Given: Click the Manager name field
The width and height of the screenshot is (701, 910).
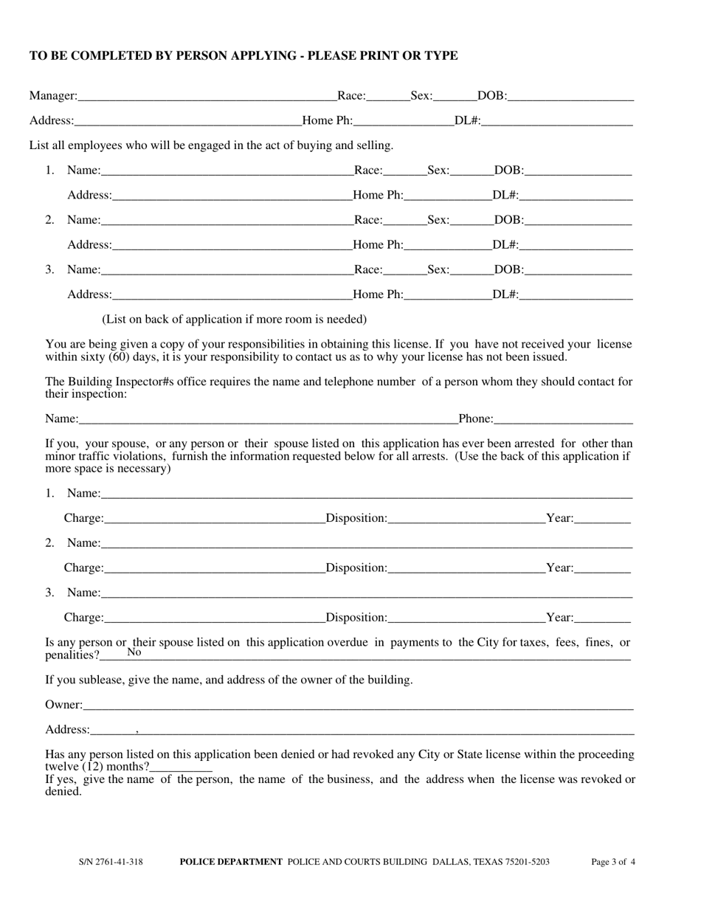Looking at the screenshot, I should point(207,97).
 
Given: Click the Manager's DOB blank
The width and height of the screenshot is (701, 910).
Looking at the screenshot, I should point(570,97).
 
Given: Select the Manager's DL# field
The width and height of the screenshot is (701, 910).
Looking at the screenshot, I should point(557,122).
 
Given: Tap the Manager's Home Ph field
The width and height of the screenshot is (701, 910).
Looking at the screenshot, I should point(403,122).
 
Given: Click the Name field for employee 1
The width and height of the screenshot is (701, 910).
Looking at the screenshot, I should point(227,171).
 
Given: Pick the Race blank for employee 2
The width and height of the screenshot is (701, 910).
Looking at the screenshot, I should point(405,221).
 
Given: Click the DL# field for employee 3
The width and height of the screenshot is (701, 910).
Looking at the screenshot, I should point(576,295).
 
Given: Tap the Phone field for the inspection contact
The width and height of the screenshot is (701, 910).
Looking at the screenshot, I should point(563,420).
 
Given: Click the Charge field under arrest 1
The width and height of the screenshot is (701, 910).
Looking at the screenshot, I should point(214,519).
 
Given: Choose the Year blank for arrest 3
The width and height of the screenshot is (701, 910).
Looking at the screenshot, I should point(602,618).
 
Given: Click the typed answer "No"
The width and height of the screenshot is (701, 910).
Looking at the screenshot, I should point(134,652).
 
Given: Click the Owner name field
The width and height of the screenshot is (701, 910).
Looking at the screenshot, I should point(358,706).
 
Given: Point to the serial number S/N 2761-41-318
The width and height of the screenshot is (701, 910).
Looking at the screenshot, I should point(111,862).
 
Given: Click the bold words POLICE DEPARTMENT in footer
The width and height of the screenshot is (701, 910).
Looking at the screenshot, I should point(231,862).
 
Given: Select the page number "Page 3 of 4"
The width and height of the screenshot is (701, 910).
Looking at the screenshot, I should point(613,862).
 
